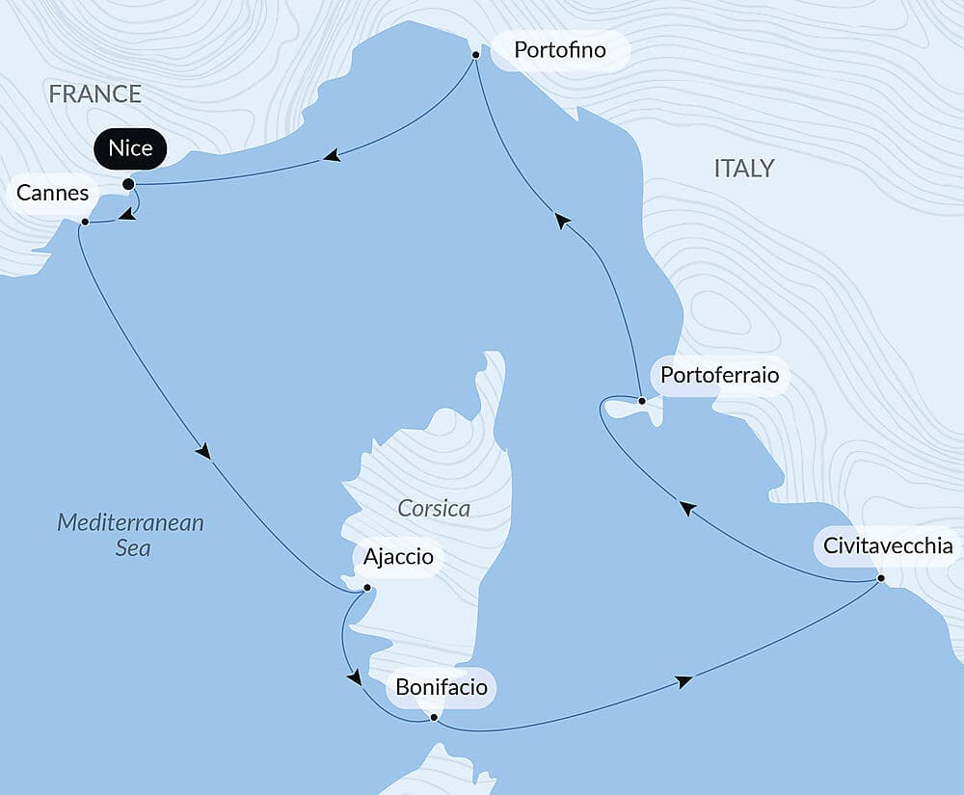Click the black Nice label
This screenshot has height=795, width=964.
pyautogui.click(x=130, y=149)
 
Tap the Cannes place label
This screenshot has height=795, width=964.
pyautogui.click(x=52, y=193)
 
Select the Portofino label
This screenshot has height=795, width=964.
pyautogui.click(x=560, y=50)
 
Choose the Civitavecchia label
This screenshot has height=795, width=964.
pyautogui.click(x=888, y=546)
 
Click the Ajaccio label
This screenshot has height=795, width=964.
pyautogui.click(x=398, y=557)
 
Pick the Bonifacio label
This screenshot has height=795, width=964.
pyautogui.click(x=442, y=688)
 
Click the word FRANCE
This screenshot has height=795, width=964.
pyautogui.click(x=95, y=93)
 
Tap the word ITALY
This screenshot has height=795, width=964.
pyautogui.click(x=743, y=169)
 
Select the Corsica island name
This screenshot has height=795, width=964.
pyautogui.click(x=434, y=508)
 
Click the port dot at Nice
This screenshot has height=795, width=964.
pyautogui.click(x=128, y=183)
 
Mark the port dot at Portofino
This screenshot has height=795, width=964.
pyautogui.click(x=475, y=55)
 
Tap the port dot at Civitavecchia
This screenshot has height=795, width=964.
pyautogui.click(x=881, y=578)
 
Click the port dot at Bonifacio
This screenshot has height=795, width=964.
pyautogui.click(x=434, y=717)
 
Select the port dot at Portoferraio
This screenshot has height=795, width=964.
pyautogui.click(x=642, y=400)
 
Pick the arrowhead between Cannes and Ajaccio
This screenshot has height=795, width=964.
pyautogui.click(x=202, y=450)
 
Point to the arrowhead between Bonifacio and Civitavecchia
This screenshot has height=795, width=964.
pyautogui.click(x=683, y=682)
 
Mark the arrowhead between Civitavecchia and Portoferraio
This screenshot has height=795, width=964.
pyautogui.click(x=686, y=508)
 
